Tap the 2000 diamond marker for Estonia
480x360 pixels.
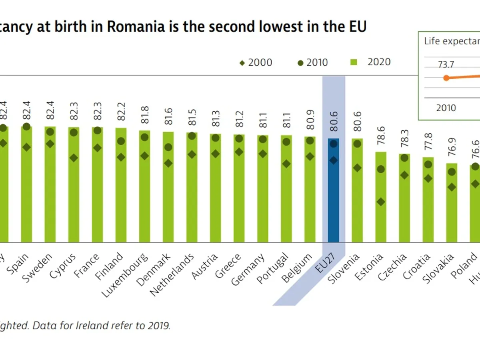click(x=381, y=202)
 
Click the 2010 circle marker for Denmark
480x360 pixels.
click(x=168, y=147)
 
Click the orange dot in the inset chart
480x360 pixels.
click(x=446, y=78)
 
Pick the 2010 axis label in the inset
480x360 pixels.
click(x=446, y=108)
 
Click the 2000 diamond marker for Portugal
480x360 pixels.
click(x=286, y=164)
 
